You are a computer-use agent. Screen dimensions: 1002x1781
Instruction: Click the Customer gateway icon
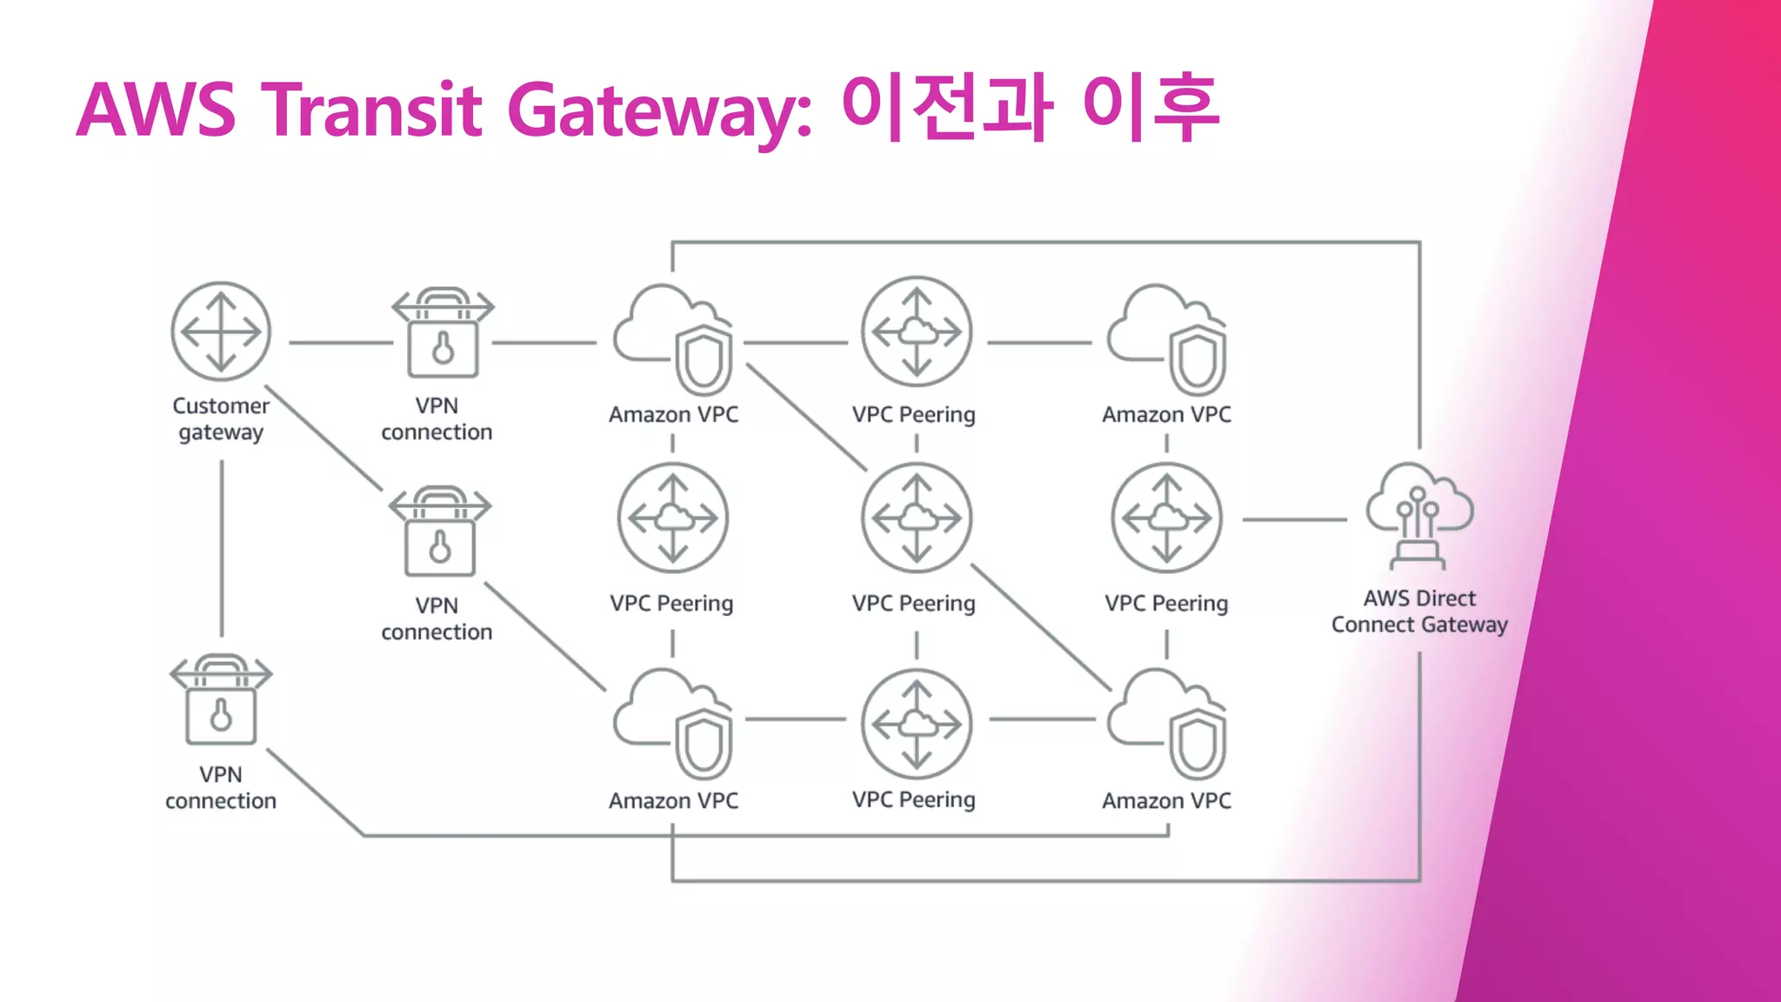click(221, 331)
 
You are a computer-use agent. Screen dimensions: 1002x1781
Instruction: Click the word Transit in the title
click(371, 110)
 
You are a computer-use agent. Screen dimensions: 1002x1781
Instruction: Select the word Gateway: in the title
click(660, 110)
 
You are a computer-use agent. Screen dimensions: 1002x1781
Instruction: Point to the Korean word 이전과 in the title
click(948, 108)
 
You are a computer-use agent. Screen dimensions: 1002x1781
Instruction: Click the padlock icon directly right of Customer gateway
click(443, 333)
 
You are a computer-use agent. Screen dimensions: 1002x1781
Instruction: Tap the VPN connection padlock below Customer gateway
click(221, 700)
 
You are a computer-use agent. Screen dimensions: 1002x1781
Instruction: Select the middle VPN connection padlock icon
click(440, 531)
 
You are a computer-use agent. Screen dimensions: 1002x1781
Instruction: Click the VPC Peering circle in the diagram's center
click(916, 518)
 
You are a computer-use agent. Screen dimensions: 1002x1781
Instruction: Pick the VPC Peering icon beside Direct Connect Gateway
click(1166, 518)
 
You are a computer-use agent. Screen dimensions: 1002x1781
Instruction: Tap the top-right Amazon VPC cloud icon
click(1167, 339)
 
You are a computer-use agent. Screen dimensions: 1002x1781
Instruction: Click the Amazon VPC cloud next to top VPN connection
click(673, 339)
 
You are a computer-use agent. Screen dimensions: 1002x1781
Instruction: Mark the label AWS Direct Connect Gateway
click(1419, 611)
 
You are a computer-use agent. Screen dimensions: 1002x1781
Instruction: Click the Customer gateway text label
click(221, 418)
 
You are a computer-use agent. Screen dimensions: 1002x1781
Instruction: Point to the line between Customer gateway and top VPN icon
click(340, 343)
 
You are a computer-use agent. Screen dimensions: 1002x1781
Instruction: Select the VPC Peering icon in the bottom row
click(916, 724)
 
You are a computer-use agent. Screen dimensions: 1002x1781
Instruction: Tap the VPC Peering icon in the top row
click(916, 331)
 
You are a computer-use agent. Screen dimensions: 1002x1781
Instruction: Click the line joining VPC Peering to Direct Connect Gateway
click(1294, 519)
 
